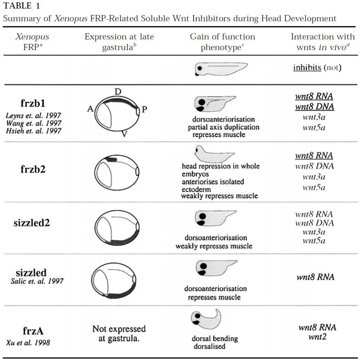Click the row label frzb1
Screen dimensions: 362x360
click(x=33, y=104)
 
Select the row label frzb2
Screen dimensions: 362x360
click(x=33, y=169)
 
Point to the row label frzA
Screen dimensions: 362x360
click(x=33, y=331)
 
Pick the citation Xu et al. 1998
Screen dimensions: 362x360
click(x=28, y=342)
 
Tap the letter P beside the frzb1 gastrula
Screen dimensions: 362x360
click(x=144, y=110)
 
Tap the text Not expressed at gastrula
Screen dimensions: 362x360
click(x=119, y=333)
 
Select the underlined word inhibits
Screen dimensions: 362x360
click(x=307, y=67)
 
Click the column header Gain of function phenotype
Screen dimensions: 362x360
click(x=222, y=41)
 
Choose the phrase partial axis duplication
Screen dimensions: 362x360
click(x=223, y=127)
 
